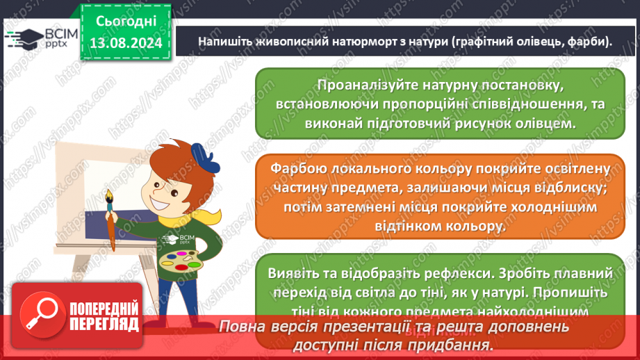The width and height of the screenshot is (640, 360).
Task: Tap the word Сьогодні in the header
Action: pyautogui.click(x=126, y=20)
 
